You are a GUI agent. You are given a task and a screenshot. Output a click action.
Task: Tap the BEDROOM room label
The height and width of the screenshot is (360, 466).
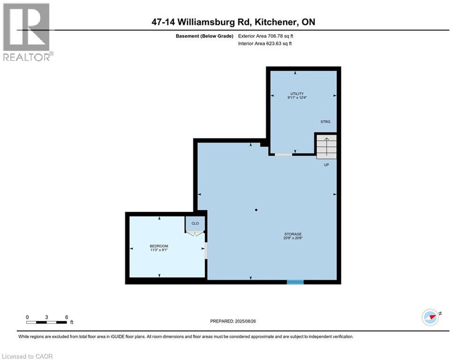click(159, 246)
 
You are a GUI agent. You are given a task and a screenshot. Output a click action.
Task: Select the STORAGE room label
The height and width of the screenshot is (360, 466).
click(293, 234)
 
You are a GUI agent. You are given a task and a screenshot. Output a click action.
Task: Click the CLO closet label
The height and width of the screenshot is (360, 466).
click(195, 224)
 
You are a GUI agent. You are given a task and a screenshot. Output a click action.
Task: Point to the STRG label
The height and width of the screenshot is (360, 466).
click(325, 122)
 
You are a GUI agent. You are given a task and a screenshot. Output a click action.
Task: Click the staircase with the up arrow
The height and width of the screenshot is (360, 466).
click(326, 146)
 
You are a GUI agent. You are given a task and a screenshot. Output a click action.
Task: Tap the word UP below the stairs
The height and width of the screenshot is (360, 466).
click(326, 165)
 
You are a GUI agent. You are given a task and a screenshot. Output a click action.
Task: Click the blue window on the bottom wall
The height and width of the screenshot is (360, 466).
click(295, 282)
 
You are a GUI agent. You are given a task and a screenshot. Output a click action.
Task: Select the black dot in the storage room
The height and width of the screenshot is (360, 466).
click(256, 210)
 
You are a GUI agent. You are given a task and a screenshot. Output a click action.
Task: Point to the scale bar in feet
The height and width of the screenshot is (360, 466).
click(47, 322)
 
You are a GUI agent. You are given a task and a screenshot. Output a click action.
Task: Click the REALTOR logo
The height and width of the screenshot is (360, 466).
click(27, 32)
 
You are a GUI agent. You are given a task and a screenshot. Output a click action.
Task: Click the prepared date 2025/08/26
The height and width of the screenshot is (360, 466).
click(233, 321)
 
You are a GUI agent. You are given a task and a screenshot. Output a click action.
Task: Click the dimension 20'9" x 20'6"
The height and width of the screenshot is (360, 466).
click(293, 238)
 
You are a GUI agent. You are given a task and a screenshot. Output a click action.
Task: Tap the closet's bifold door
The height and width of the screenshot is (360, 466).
click(195, 233)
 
